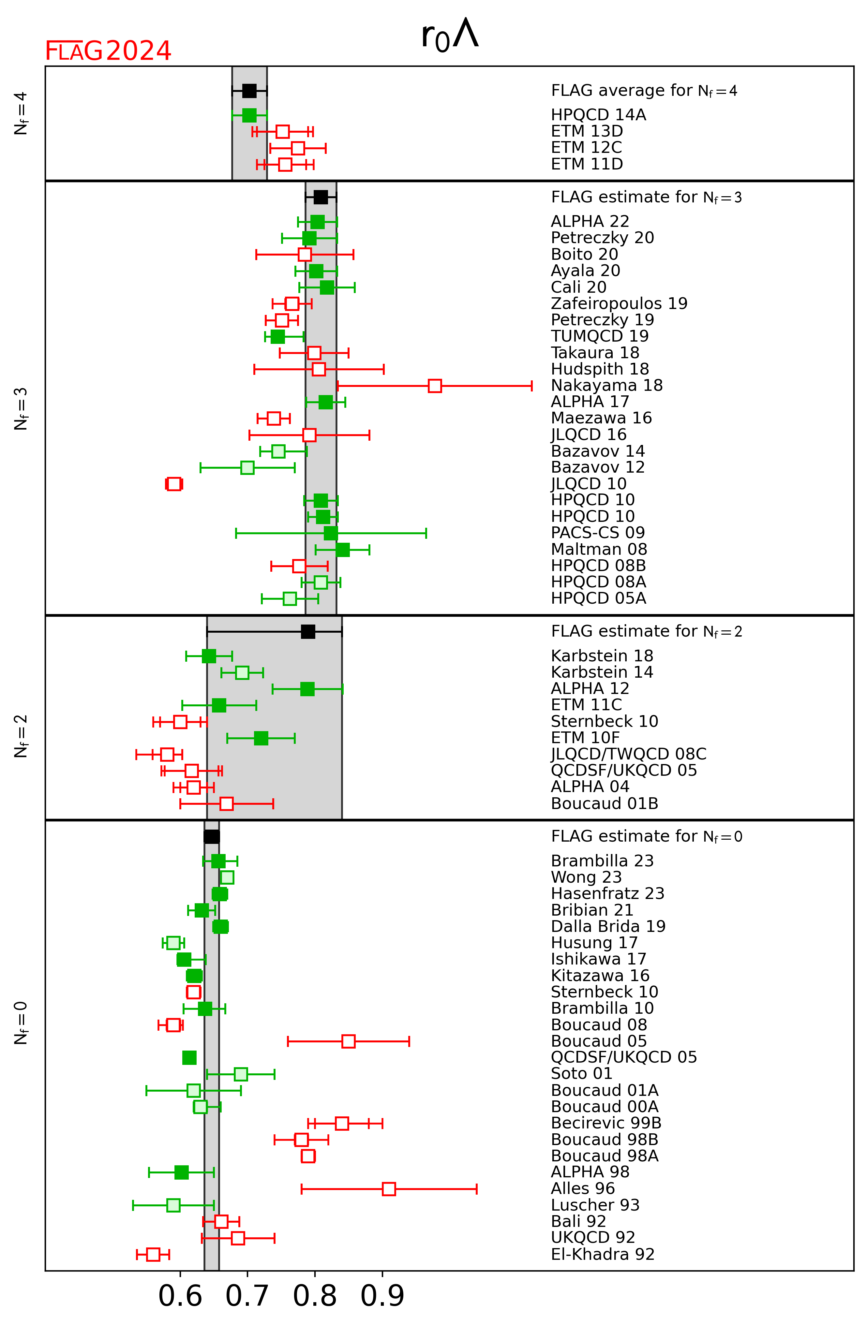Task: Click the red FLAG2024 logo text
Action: (108, 51)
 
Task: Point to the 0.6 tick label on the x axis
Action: (180, 1296)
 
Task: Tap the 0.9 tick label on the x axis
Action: (382, 1296)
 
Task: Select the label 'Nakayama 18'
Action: (606, 385)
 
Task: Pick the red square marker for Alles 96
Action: (389, 1189)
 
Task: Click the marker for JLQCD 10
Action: (174, 484)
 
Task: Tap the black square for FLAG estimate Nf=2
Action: (308, 631)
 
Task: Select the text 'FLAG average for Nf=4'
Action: (644, 91)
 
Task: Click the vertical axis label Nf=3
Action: (21, 408)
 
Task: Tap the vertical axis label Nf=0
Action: (21, 1023)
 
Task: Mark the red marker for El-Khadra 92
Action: (153, 1254)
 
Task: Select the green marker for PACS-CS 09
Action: (331, 533)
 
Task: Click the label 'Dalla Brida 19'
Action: (608, 926)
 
